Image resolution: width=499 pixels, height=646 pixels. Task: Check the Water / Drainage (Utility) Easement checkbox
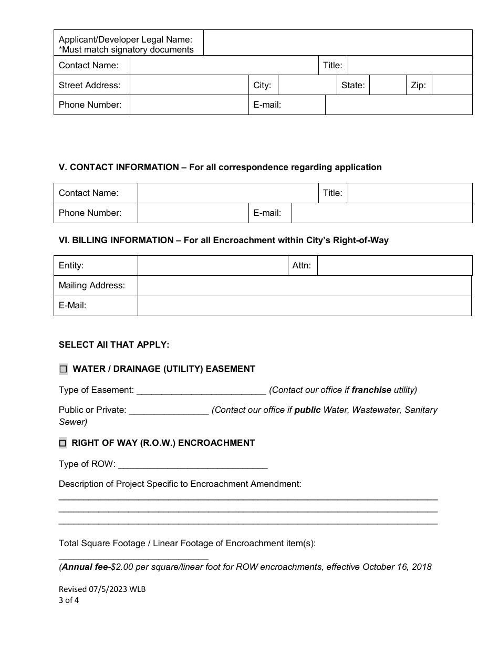(63, 369)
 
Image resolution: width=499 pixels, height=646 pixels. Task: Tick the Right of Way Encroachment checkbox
(63, 443)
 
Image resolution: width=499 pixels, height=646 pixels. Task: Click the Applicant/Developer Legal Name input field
(337, 43)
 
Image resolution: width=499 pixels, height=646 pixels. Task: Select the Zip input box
(452, 85)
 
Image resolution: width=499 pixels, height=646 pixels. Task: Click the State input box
(387, 85)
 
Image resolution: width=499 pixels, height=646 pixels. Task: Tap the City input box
(307, 85)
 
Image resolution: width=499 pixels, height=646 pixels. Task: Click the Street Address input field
(189, 85)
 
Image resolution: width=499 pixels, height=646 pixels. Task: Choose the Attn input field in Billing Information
(394, 266)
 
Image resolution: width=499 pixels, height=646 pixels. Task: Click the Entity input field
(212, 266)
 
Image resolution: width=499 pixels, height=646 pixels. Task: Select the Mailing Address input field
(304, 286)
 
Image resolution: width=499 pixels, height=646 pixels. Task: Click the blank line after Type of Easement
(201, 390)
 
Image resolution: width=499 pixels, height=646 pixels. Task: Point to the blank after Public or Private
(169, 410)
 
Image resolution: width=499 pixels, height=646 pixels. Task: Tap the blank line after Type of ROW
(193, 464)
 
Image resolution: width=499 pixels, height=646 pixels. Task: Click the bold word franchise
(371, 390)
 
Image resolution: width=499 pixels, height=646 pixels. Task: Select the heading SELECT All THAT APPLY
(114, 345)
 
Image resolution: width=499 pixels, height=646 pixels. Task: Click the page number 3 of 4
(69, 600)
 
